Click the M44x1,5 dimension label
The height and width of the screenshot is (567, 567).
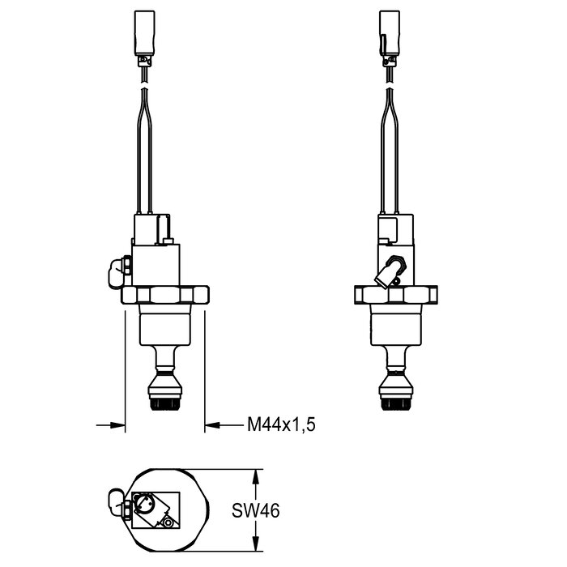281,424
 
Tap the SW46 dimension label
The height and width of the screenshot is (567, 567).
256,510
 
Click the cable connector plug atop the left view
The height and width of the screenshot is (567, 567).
145,38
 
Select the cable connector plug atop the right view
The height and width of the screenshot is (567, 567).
390,38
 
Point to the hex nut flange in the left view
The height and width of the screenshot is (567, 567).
165,295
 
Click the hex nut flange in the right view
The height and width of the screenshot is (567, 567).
396,295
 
